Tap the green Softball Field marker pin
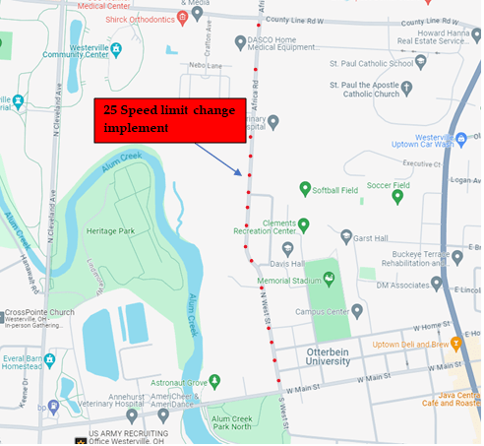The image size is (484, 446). click(x=305, y=187)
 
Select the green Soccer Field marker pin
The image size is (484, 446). click(x=397, y=196)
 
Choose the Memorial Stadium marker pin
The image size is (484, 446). click(x=328, y=279)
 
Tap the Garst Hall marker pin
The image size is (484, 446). click(x=345, y=236)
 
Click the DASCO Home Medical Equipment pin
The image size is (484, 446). click(x=241, y=42)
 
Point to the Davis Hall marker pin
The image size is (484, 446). click(x=288, y=249)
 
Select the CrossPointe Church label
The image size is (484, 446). click(x=39, y=313)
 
